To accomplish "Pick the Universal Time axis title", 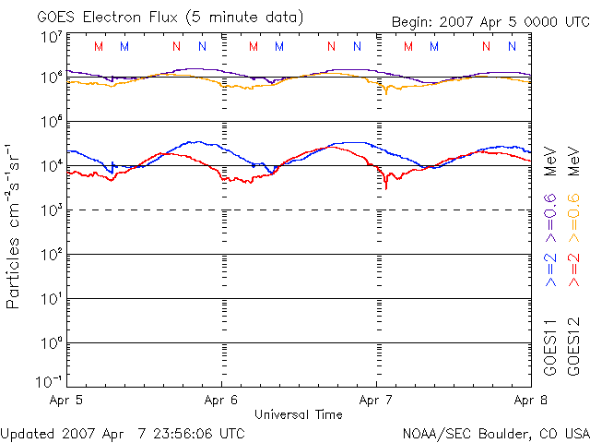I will pos(299,414).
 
